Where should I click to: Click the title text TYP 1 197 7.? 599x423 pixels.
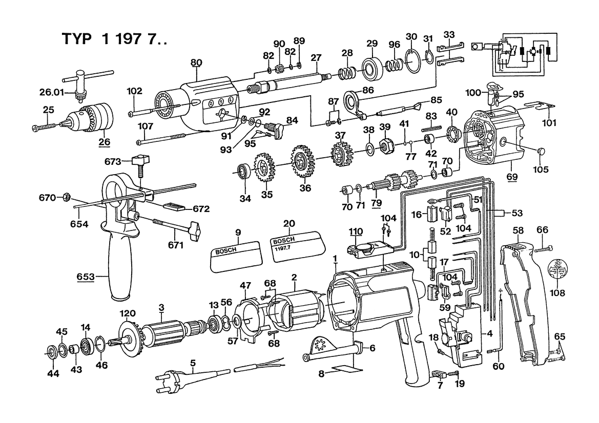(x=114, y=39)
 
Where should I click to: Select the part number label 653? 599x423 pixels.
(x=85, y=276)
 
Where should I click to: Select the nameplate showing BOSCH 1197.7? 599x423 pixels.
(x=298, y=247)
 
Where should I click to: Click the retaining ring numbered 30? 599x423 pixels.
(x=413, y=61)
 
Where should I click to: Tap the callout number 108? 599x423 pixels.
(x=557, y=293)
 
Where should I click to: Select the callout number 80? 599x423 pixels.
(x=196, y=62)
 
